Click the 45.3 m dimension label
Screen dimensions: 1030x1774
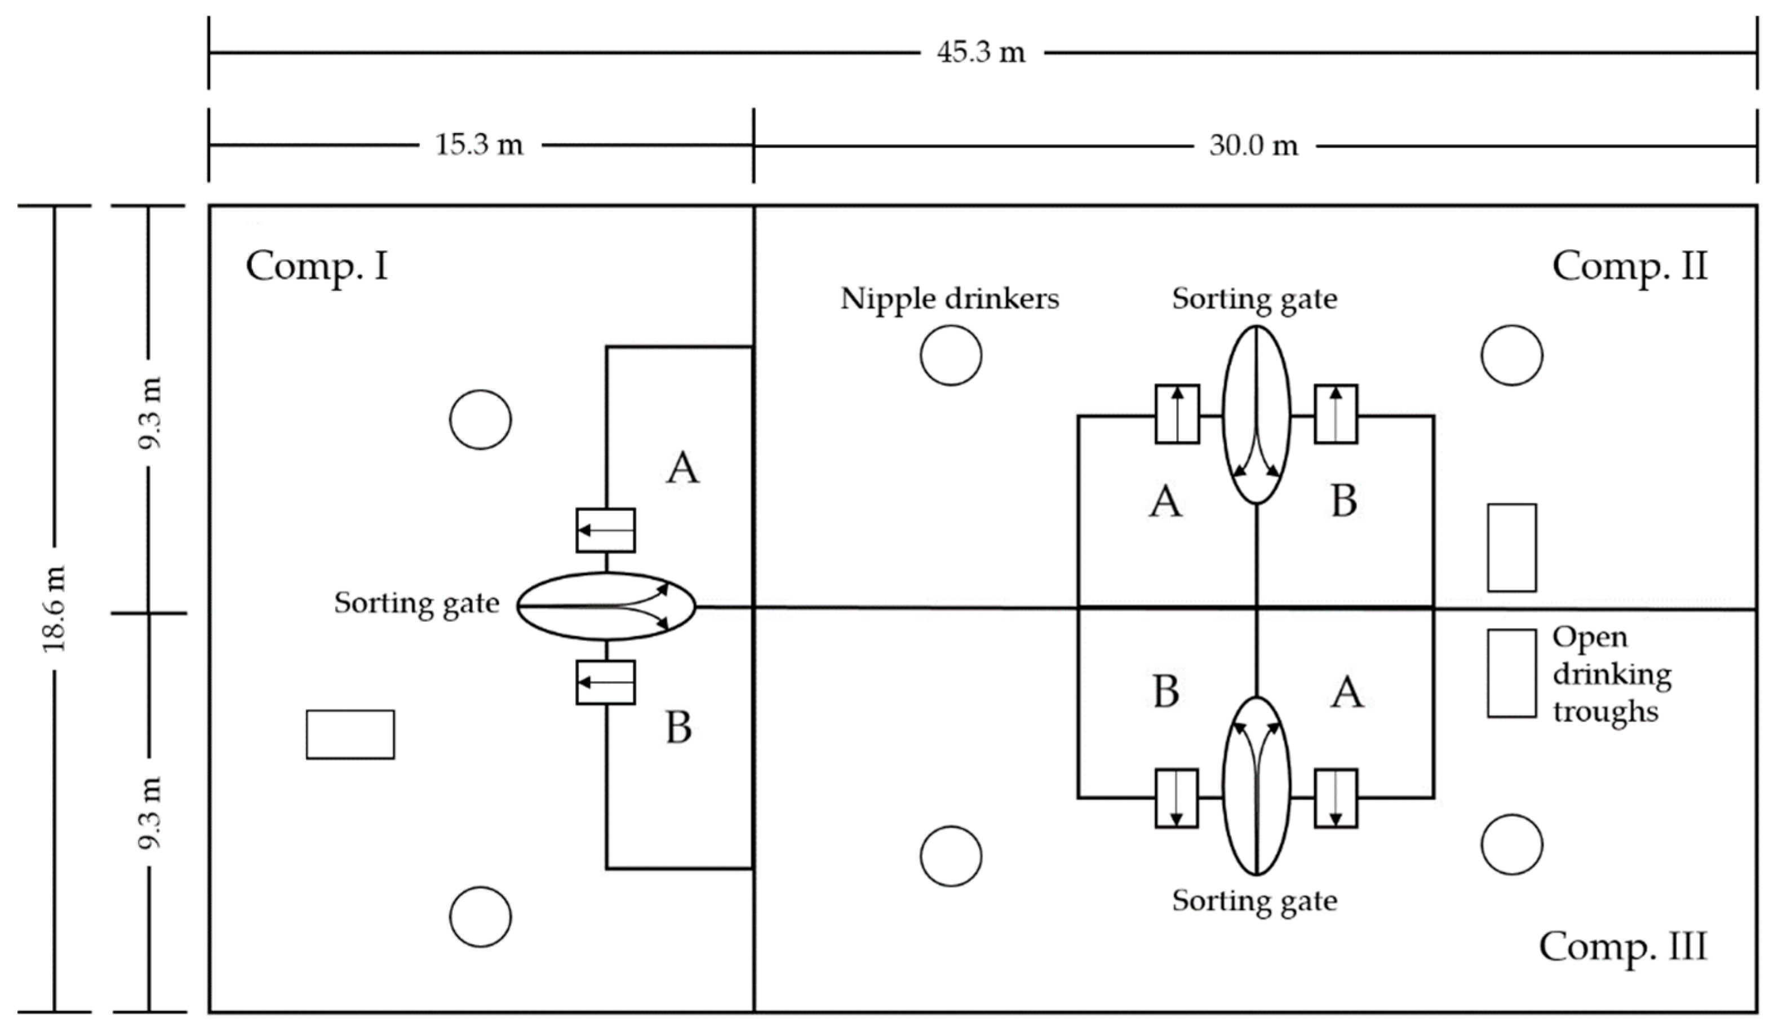tap(981, 52)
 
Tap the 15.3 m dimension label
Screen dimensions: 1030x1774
tap(480, 145)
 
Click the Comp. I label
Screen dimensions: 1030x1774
tap(317, 267)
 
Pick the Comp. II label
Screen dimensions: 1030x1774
tap(1630, 267)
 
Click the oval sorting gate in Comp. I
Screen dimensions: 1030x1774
tap(606, 606)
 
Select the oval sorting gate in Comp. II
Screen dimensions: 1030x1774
tap(1257, 415)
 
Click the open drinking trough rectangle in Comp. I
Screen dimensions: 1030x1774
tap(350, 735)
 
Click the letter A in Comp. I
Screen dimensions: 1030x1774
tap(682, 468)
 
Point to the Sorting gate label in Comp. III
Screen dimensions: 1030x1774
tap(1254, 900)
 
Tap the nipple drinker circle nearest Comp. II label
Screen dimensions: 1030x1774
tap(1511, 355)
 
